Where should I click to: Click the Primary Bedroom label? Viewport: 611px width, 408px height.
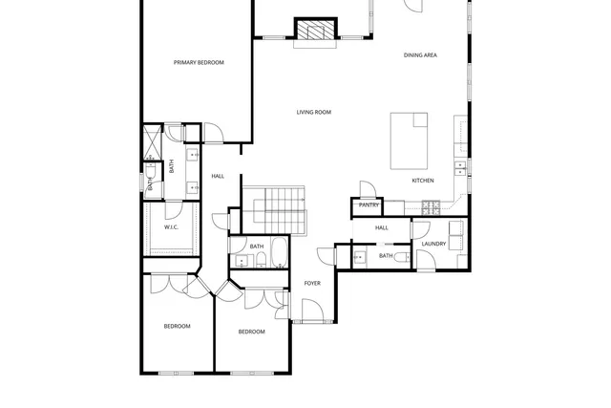tap(199, 63)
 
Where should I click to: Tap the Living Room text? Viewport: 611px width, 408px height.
tap(312, 113)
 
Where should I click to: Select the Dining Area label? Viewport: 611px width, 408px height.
tap(420, 55)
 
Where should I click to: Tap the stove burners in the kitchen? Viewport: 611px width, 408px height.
tap(432, 204)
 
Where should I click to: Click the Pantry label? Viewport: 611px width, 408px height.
tap(369, 204)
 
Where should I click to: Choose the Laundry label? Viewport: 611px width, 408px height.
tap(434, 244)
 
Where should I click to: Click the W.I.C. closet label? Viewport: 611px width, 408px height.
tap(171, 227)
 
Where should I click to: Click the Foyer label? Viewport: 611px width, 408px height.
tap(312, 284)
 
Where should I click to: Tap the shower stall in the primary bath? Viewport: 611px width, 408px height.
tap(152, 143)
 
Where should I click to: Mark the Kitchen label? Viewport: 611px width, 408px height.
tap(423, 181)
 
